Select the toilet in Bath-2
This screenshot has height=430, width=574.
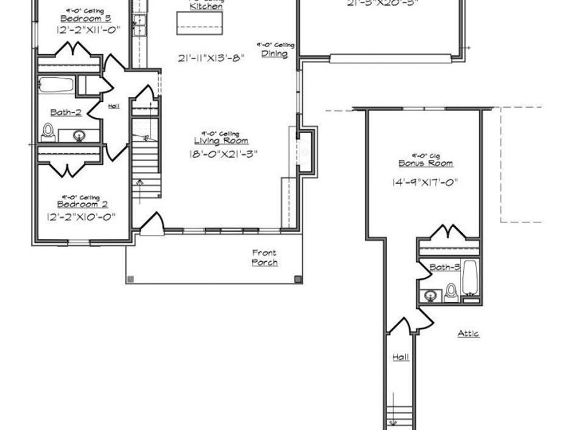[x=47, y=131]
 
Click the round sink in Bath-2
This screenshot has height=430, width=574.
[x=80, y=135]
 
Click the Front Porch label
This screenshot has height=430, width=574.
[x=264, y=258]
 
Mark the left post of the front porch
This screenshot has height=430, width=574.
[x=131, y=278]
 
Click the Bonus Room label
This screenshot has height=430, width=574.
[x=426, y=163]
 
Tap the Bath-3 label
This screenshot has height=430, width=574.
[x=445, y=268]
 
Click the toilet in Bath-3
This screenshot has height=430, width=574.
[x=452, y=290]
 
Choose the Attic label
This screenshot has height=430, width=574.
[x=469, y=333]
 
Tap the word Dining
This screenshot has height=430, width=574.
[x=274, y=54]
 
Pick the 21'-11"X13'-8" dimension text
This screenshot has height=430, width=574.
[x=212, y=59]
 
